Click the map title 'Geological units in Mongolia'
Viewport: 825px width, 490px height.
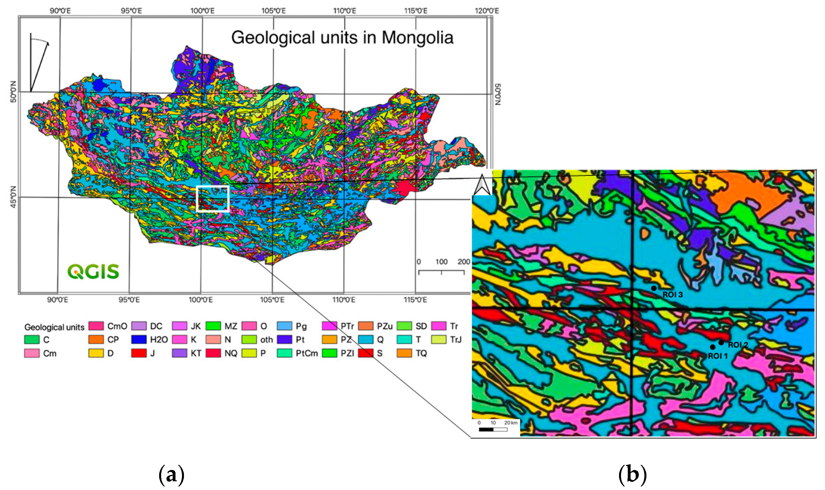point(342,38)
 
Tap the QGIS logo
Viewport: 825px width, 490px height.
point(93,271)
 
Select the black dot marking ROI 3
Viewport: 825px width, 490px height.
point(653,288)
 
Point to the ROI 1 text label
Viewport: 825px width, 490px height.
point(718,356)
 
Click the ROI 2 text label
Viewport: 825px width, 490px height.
point(738,345)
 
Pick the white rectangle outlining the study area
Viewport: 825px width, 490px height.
point(212,198)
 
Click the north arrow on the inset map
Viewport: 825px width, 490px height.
point(482,185)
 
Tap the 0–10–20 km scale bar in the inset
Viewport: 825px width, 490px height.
point(493,429)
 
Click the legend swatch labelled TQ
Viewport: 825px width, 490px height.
point(404,353)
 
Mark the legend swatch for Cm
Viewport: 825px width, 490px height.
point(32,353)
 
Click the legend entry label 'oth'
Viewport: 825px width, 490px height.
point(266,340)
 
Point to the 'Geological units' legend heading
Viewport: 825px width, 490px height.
point(54,327)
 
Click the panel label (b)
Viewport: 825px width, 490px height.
point(632,475)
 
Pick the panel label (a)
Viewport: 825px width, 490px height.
point(171,475)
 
